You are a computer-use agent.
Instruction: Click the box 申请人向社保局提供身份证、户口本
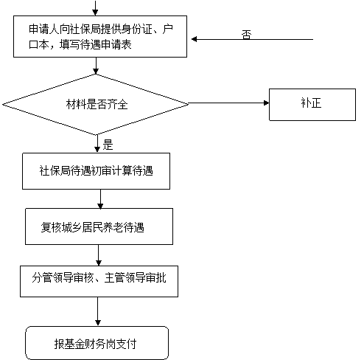point(100,37)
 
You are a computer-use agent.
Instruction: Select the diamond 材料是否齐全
point(96,105)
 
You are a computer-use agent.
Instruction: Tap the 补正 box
point(312,105)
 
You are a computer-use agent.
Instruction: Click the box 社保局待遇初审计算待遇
point(96,171)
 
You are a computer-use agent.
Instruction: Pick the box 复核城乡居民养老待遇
point(99,226)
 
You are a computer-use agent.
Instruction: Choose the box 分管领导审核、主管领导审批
point(99,281)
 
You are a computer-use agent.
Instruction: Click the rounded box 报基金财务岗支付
point(97,343)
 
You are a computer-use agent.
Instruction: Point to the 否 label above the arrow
point(246,35)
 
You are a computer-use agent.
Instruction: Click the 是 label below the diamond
point(108,145)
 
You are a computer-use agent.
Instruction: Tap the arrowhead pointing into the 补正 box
point(266,103)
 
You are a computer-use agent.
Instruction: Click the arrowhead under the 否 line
point(194,39)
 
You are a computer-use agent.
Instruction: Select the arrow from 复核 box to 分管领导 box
point(99,255)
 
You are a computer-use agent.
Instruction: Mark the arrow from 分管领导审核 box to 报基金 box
point(98,311)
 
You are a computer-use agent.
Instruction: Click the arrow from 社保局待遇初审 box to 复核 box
point(100,199)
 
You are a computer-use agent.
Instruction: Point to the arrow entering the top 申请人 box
point(95,8)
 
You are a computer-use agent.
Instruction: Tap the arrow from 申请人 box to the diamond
point(96,66)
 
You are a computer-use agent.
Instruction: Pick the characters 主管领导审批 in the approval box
point(136,278)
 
